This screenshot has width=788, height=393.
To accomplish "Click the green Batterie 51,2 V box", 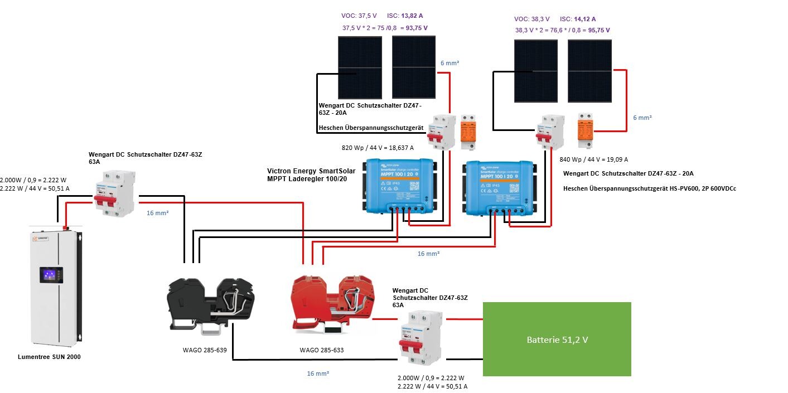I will pos(557,339).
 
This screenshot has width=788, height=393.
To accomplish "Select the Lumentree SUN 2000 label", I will pos(49,357).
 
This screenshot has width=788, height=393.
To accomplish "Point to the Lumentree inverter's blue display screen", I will pos(51,275).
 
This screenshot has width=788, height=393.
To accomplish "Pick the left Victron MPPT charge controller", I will pos(400,186).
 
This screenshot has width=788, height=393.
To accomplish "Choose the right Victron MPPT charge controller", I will pos(499,187).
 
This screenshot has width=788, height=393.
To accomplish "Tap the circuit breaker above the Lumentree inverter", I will pos(114,193).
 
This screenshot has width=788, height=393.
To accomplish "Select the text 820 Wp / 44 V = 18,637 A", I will pos(378,148).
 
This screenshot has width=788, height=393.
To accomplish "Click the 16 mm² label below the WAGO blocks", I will pos(318,373).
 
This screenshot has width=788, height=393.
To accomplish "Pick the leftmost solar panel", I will pos(360,67).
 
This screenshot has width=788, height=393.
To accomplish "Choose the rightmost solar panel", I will pos(589,71).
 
